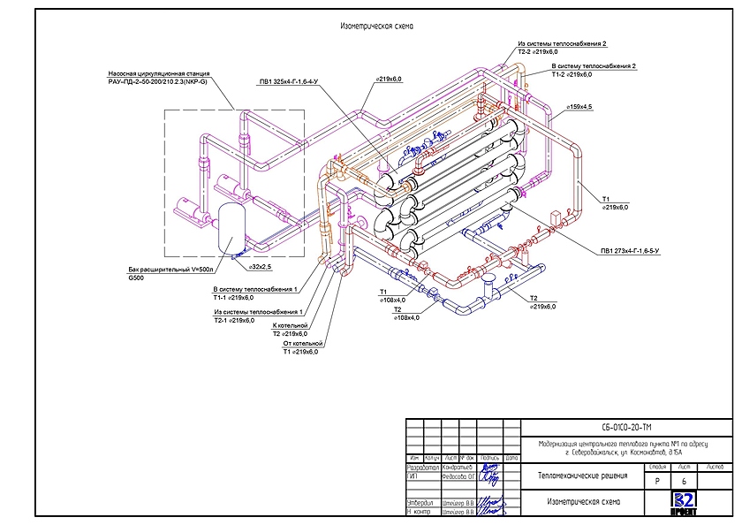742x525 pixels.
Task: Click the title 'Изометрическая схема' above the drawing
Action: point(377,27)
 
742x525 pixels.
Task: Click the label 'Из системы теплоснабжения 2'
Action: point(563,43)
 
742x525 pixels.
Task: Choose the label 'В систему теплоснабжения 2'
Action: point(593,66)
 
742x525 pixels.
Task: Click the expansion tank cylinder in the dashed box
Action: point(231,227)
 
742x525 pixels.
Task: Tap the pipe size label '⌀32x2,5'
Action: point(259,266)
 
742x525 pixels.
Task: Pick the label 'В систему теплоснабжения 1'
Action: point(256,289)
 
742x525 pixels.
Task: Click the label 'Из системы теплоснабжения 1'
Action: point(258,312)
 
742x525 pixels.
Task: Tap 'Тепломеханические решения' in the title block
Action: point(583,477)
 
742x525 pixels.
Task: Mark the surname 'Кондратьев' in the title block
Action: point(458,467)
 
